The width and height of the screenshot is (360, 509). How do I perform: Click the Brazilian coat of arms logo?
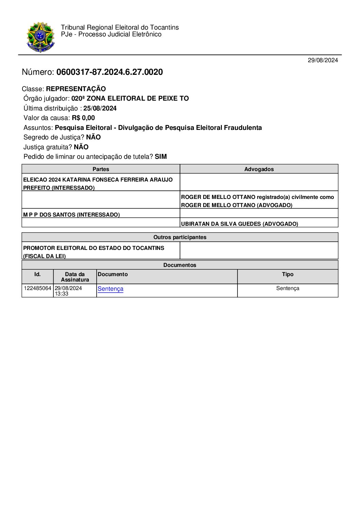[40, 37]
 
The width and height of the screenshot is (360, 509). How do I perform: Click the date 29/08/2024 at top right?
[323, 60]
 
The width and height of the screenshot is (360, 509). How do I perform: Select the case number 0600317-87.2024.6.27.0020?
[110, 72]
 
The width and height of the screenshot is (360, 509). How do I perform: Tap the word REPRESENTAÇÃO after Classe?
[76, 89]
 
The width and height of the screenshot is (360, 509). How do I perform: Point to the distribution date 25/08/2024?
[100, 108]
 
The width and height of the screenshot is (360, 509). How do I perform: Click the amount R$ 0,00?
[83, 118]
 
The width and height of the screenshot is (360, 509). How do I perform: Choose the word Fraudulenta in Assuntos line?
[243, 128]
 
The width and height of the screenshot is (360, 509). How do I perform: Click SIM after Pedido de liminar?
[161, 157]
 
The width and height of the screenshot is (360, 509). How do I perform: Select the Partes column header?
[101, 169]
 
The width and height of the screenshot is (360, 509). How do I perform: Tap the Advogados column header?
[259, 169]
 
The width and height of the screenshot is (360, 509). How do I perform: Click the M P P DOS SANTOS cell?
[71, 215]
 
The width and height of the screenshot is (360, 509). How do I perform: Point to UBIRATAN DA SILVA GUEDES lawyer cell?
[240, 224]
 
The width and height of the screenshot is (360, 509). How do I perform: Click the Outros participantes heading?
[180, 237]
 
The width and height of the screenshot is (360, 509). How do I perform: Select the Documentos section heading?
[180, 265]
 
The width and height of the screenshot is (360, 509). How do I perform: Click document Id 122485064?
[37, 288]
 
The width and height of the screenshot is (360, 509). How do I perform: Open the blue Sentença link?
[110, 289]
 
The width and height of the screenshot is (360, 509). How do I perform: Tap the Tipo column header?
[288, 274]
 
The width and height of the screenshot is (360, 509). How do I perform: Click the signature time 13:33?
[62, 294]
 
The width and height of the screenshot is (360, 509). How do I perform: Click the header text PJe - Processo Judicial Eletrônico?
[111, 34]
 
